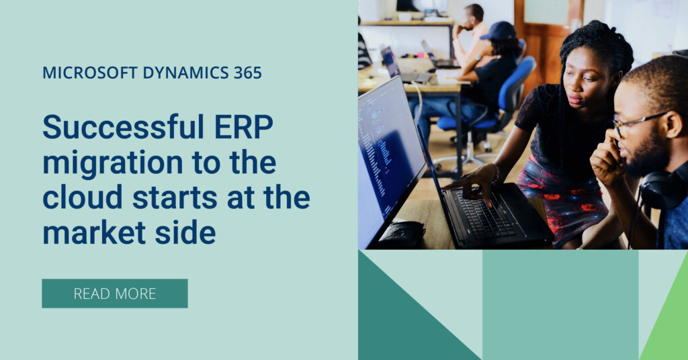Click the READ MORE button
point(114,294)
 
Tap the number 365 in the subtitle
point(247,73)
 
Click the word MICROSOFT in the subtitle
point(90,73)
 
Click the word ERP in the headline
point(243,126)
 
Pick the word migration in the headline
point(113,163)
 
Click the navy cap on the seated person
point(499,31)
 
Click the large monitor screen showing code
point(388,158)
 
